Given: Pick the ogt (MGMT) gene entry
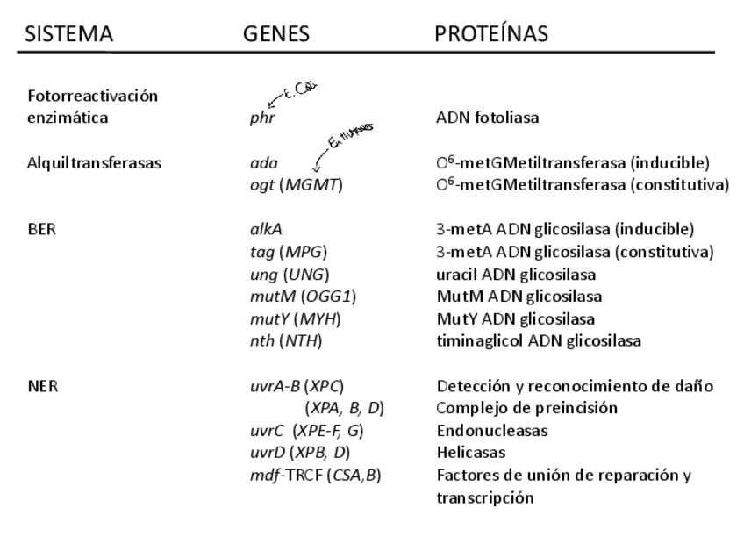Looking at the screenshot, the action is (x=294, y=185).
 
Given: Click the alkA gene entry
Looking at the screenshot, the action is (x=266, y=230).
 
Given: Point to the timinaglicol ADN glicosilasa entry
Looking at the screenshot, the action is (x=538, y=341).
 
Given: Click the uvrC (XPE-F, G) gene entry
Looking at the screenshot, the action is (x=306, y=431).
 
